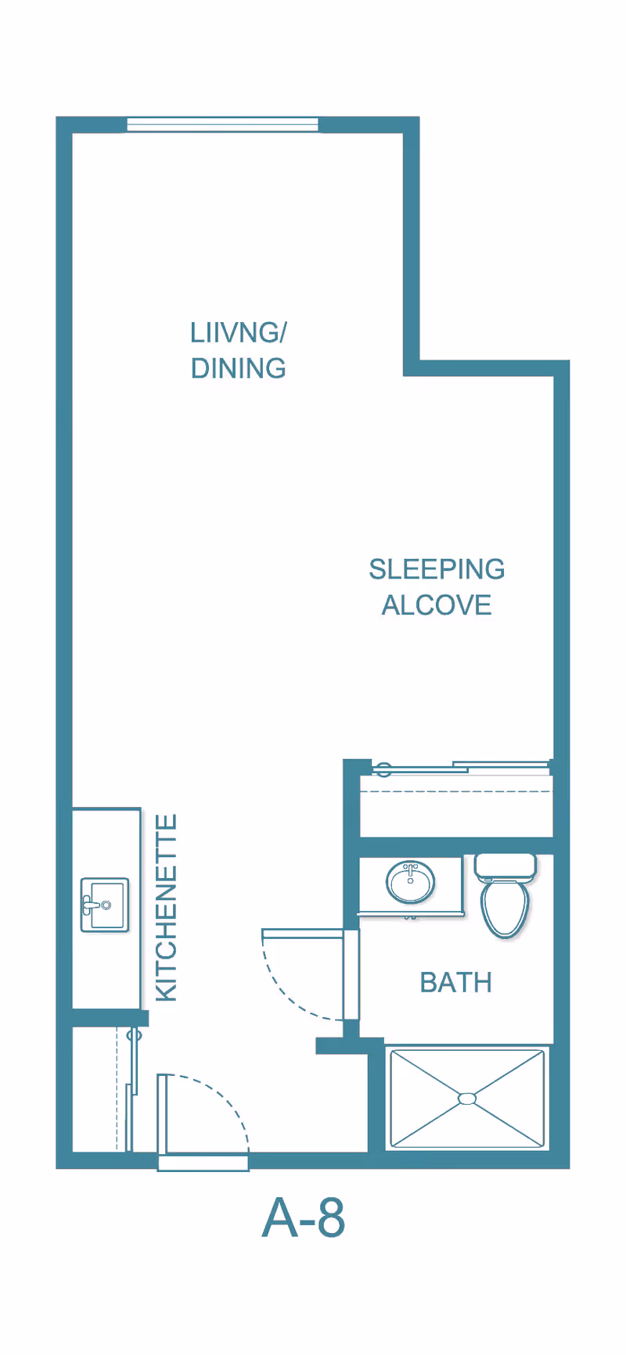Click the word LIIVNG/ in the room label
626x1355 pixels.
click(x=239, y=333)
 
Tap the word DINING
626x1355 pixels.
click(x=239, y=368)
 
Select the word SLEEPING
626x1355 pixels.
click(x=437, y=569)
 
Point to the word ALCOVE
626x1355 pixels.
click(x=437, y=604)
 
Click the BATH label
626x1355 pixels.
click(x=456, y=982)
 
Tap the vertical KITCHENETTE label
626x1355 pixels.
click(x=167, y=908)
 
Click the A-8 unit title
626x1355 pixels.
click(x=304, y=1217)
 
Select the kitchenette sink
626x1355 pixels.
click(x=105, y=905)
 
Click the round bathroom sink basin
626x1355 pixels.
click(x=411, y=883)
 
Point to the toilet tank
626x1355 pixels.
click(x=505, y=866)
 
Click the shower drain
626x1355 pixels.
click(x=467, y=1099)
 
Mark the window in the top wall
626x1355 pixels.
click(x=223, y=124)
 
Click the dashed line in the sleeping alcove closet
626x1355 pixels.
click(x=455, y=791)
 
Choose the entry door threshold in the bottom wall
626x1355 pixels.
click(x=203, y=1162)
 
